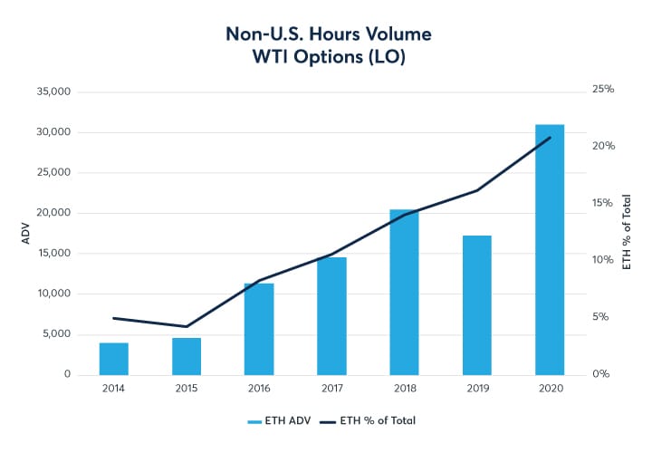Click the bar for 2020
pos(550,249)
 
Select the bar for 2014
pos(114,358)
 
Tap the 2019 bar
pos(477,304)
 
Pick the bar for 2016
pos(259,328)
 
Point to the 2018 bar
pos(404,292)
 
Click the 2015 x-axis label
pos(187,388)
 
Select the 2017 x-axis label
pos(331,388)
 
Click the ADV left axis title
pos(26,234)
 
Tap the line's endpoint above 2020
pos(550,138)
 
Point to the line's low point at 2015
pos(187,326)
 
